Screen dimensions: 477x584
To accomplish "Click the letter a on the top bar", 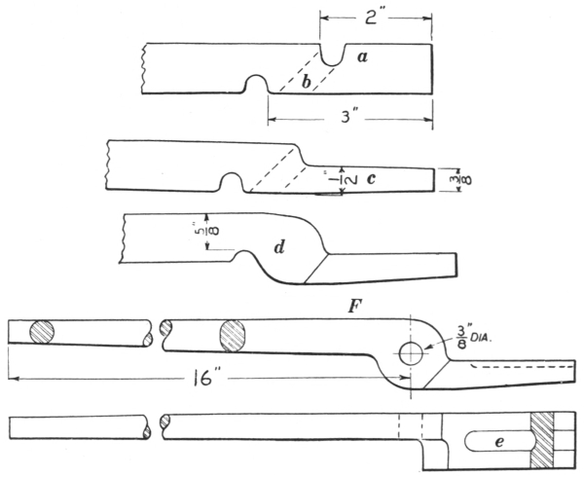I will [362, 57].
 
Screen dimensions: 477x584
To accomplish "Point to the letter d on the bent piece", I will [278, 249].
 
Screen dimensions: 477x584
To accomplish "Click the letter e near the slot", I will [499, 443].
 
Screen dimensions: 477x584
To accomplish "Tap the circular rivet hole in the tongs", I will [411, 351].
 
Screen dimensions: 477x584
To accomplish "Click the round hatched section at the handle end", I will [43, 331].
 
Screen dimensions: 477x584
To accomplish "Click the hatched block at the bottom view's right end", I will [544, 437].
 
